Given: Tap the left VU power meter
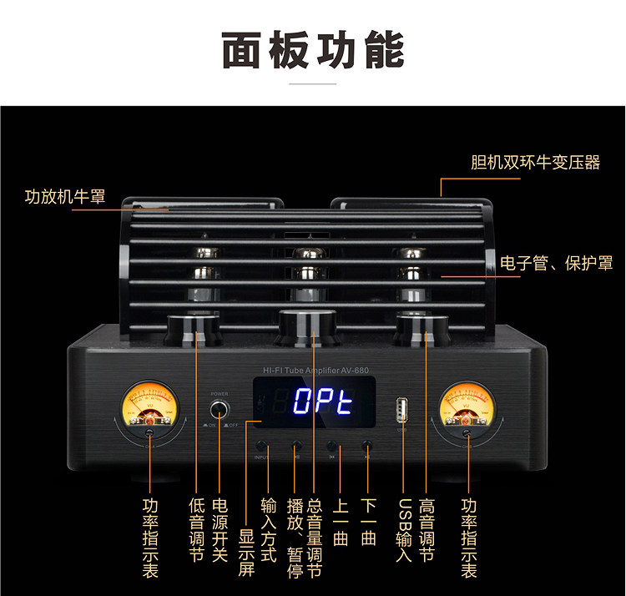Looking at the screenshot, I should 150,404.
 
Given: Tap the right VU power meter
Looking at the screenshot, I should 469,404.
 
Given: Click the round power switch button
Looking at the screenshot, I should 220,409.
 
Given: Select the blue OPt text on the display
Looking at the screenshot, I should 323,402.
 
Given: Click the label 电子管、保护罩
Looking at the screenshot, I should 556,264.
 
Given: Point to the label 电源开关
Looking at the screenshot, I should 220,531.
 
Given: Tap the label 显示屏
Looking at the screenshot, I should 247,550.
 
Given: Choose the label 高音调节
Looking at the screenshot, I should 427,531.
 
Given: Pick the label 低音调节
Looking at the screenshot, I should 197,531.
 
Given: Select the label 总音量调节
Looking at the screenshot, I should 315,538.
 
